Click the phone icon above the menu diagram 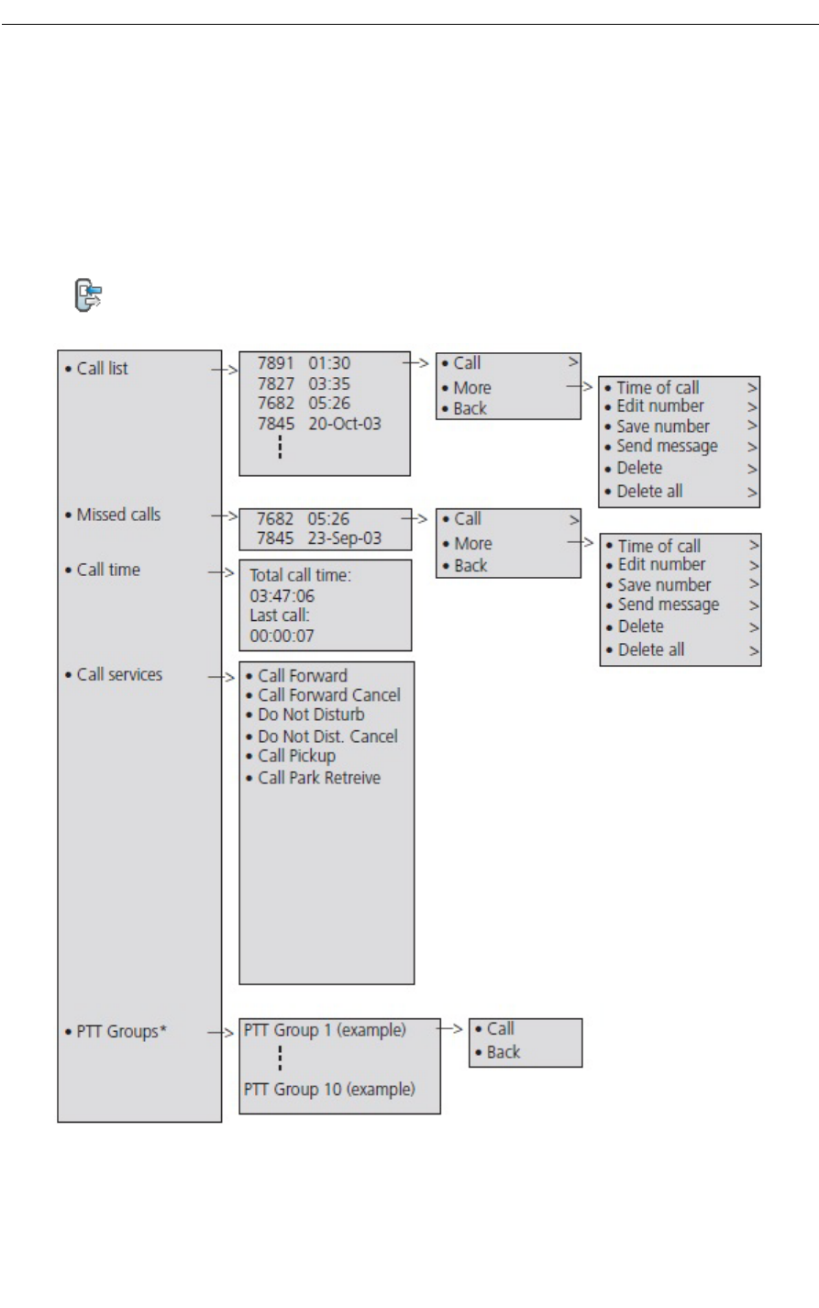click(88, 295)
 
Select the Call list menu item click(102, 369)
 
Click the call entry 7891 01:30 click(304, 363)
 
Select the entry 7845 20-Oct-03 click(318, 424)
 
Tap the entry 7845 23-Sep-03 click(318, 538)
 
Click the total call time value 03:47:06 click(282, 596)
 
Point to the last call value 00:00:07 click(282, 636)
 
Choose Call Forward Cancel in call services click(328, 695)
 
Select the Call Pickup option click(296, 756)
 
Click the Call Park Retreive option click(318, 778)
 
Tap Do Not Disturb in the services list click(311, 715)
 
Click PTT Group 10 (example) click(329, 1090)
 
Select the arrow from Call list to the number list click(225, 370)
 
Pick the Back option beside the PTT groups click(503, 1052)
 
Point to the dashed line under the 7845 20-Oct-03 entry click(280, 447)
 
